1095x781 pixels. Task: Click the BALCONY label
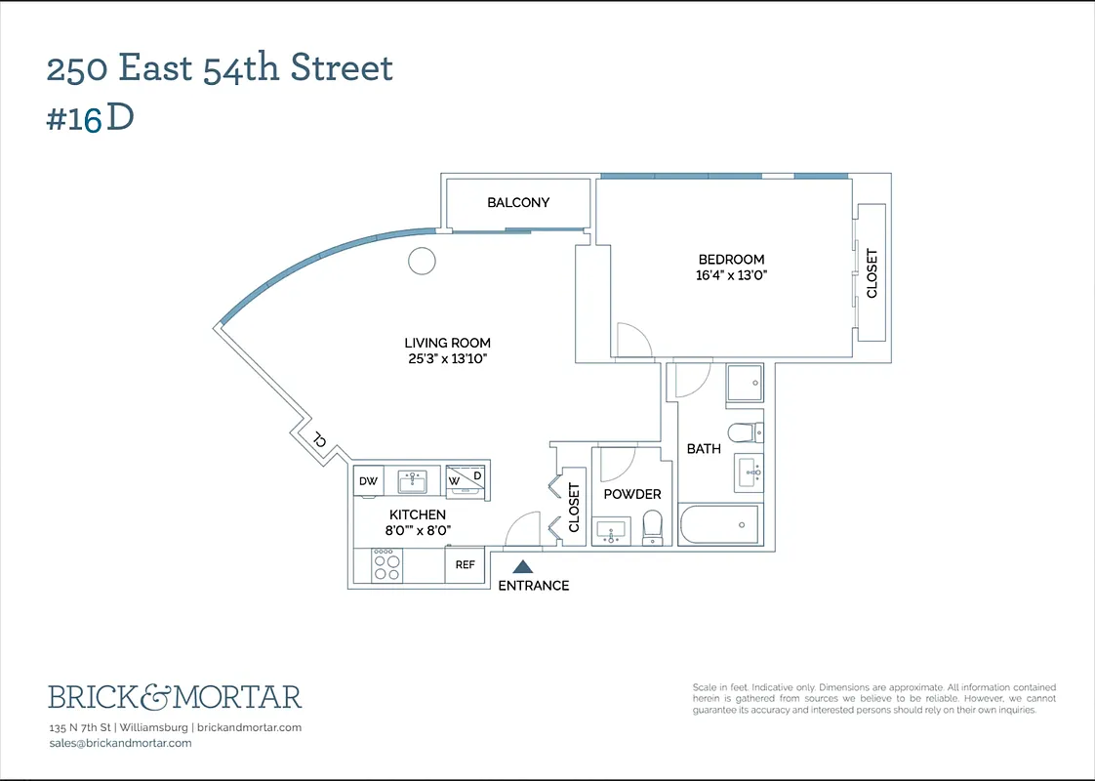[518, 202]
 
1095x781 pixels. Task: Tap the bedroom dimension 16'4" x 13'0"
[731, 275]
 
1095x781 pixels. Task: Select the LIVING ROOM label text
[447, 343]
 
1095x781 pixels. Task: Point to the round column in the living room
[422, 261]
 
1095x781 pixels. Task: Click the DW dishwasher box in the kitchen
[368, 481]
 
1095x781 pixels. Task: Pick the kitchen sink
[413, 480]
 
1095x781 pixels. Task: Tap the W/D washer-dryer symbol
[466, 479]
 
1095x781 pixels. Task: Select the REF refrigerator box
[465, 565]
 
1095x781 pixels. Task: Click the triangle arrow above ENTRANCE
[523, 566]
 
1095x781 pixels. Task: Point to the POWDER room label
[631, 494]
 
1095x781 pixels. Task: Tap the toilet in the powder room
[652, 528]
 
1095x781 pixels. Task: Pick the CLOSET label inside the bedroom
[872, 273]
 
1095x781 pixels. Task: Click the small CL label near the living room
[319, 440]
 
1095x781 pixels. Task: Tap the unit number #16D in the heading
[90, 118]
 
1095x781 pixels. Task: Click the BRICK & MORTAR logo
[175, 697]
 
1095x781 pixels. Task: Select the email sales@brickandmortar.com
[120, 743]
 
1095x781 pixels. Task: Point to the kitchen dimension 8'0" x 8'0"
[418, 530]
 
